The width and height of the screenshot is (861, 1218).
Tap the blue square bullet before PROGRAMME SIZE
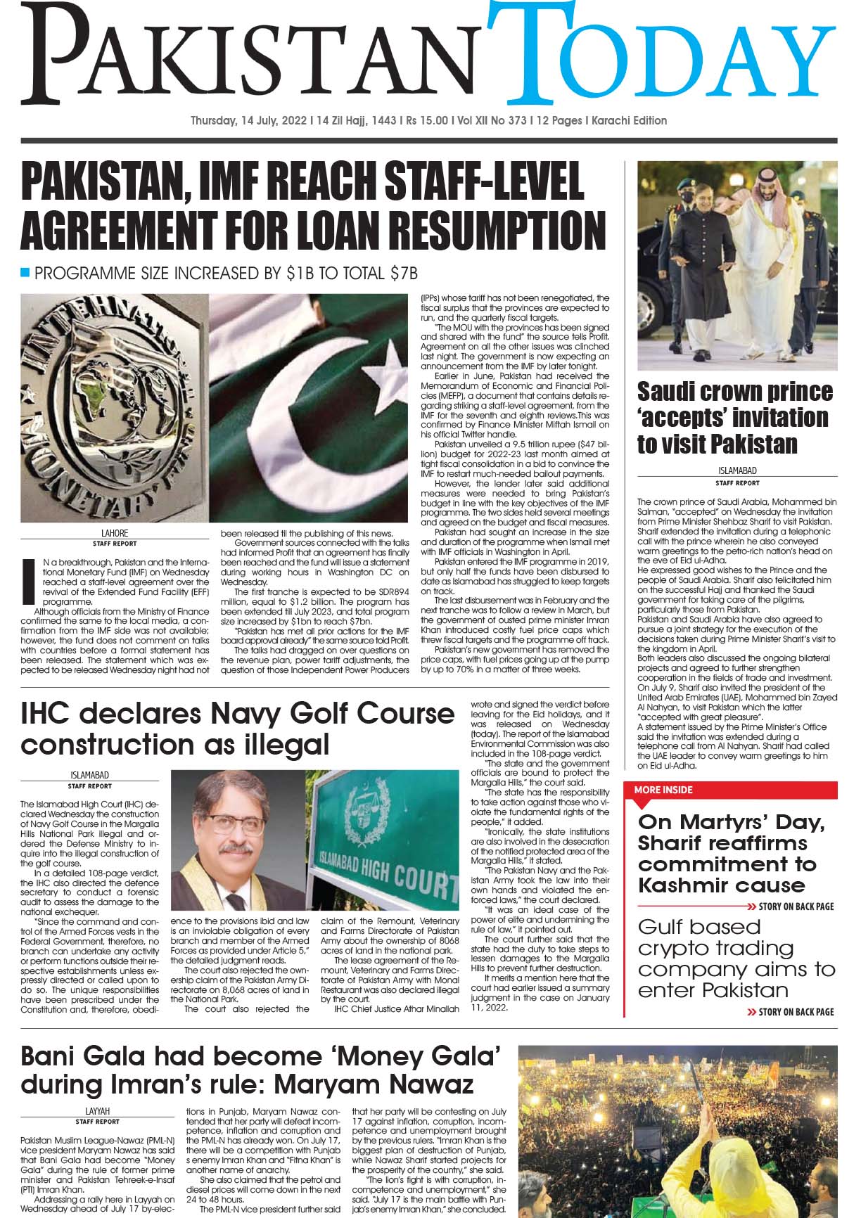pos(26,272)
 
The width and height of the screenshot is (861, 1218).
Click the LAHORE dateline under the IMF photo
pos(115,533)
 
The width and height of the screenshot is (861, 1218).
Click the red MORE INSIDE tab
pos(663,790)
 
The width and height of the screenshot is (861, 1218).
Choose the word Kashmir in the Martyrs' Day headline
pos(681,885)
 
